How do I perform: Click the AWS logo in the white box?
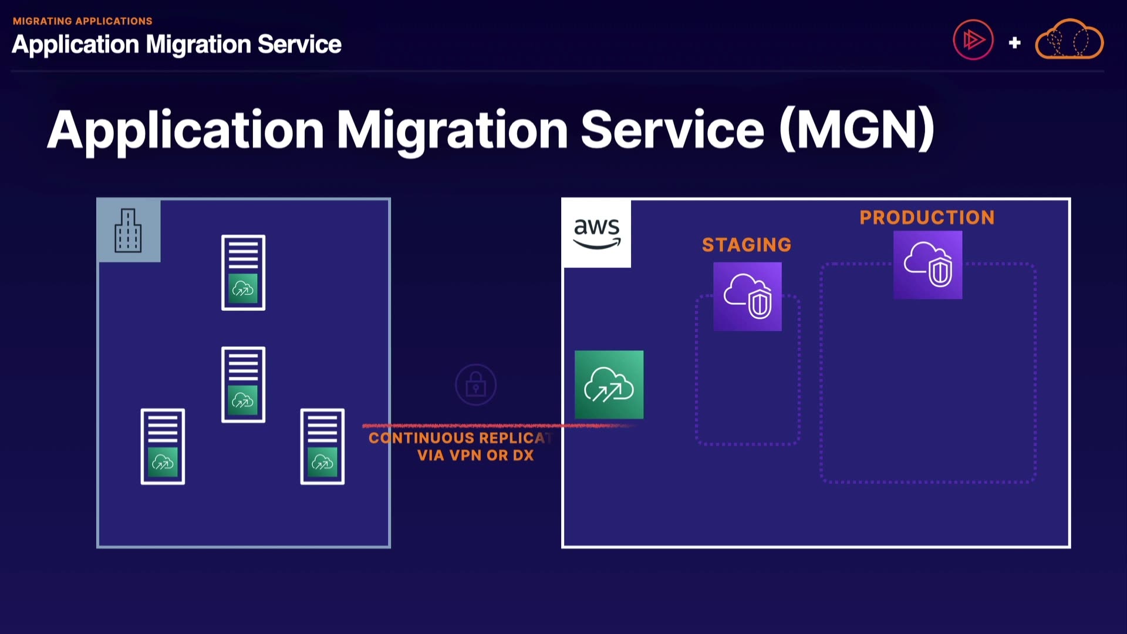(x=596, y=233)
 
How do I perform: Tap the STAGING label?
(x=747, y=245)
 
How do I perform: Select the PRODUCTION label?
(x=927, y=218)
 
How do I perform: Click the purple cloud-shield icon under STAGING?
(x=747, y=296)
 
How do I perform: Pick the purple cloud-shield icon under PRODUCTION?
(x=927, y=265)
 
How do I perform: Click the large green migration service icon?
(x=609, y=385)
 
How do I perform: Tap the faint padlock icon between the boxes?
(x=475, y=385)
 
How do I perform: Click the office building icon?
(x=128, y=231)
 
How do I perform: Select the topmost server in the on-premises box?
(x=243, y=272)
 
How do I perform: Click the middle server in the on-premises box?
(x=243, y=385)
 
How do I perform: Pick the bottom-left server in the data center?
(x=163, y=446)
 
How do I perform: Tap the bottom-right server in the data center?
(x=322, y=446)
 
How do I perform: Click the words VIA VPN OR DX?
(x=475, y=456)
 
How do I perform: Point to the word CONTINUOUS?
(x=421, y=438)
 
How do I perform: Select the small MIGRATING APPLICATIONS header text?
(x=83, y=21)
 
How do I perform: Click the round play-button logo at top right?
(x=973, y=40)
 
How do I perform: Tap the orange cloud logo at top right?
(x=1069, y=39)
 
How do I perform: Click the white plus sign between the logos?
(x=1014, y=42)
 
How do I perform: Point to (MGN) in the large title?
(x=857, y=129)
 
